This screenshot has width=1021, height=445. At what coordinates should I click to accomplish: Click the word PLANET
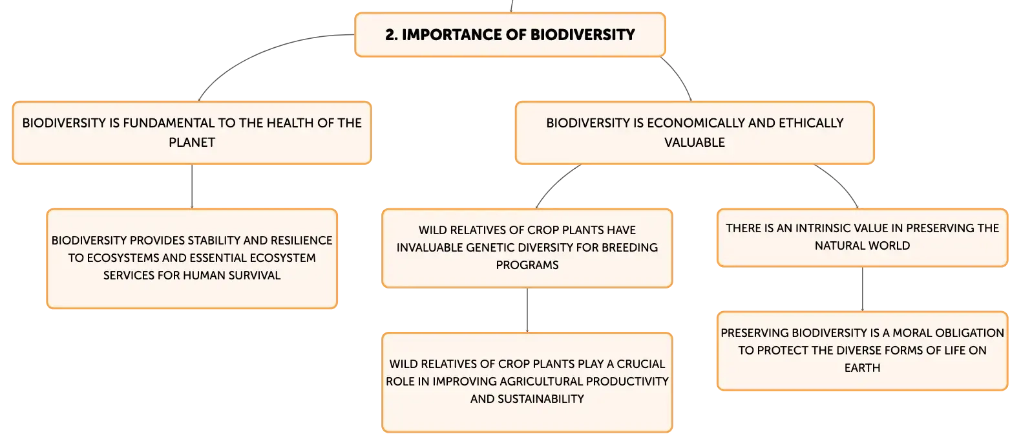192,142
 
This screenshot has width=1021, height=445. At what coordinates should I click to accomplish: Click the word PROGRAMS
527,265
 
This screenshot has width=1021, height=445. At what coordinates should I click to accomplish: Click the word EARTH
862,368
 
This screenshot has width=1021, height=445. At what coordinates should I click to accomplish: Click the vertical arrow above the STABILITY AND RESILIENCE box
192,186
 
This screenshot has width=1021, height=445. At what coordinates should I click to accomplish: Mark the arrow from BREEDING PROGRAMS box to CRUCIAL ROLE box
527,310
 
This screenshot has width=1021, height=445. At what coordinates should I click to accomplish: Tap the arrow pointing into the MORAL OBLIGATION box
863,289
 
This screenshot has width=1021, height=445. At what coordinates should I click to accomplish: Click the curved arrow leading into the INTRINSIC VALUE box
841,180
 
